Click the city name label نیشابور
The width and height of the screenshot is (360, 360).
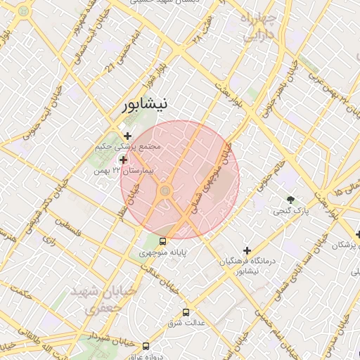click(x=143, y=105)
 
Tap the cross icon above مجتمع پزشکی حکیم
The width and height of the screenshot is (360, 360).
click(x=127, y=136)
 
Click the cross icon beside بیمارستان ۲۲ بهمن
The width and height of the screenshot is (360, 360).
click(x=124, y=160)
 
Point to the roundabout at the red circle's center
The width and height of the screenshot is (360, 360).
click(x=165, y=191)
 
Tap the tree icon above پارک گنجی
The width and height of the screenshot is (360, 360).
click(x=290, y=199)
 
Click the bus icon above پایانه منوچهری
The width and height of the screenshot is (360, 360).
click(x=163, y=241)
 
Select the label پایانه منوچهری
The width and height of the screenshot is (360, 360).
click(x=162, y=252)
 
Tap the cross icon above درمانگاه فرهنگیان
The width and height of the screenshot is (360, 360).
click(x=247, y=250)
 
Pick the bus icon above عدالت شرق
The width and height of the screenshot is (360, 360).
click(x=186, y=312)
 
